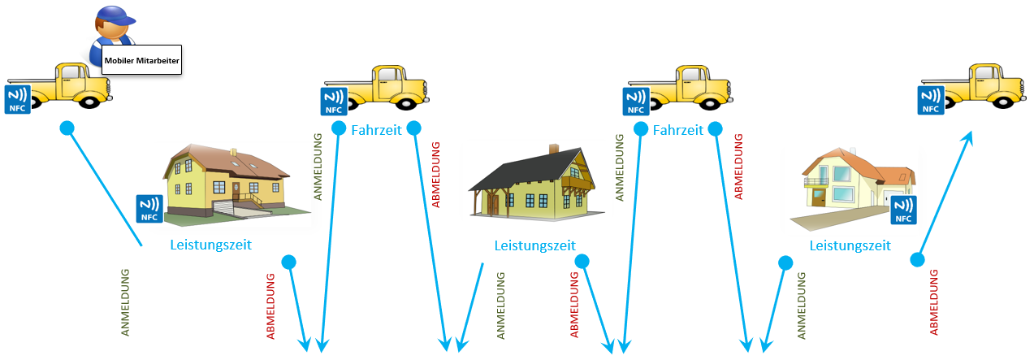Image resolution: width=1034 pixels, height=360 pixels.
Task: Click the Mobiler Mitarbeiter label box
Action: (x=141, y=59)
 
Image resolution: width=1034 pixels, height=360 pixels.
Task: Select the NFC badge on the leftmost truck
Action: (x=18, y=98)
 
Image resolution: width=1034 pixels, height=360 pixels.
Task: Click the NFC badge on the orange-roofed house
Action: (x=902, y=209)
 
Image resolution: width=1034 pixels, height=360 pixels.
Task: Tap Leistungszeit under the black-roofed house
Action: (x=534, y=245)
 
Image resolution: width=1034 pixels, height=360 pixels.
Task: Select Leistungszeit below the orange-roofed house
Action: (x=850, y=245)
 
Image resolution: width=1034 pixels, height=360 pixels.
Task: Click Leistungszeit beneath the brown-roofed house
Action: (x=210, y=244)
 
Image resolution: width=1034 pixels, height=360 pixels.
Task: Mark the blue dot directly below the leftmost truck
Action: (x=67, y=128)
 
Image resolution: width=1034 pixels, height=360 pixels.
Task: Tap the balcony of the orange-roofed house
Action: (x=816, y=181)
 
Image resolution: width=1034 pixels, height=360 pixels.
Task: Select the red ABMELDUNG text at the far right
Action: (x=933, y=301)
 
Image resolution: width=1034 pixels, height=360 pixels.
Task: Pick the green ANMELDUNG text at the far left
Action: (x=125, y=302)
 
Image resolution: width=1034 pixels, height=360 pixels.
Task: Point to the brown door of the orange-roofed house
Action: (x=818, y=196)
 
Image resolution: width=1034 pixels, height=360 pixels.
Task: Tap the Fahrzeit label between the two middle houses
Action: (x=678, y=130)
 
